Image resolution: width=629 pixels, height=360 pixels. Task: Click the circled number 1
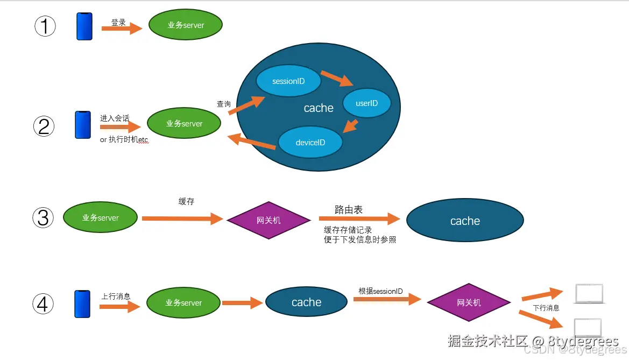click(45, 25)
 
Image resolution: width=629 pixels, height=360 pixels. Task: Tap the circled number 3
click(44, 218)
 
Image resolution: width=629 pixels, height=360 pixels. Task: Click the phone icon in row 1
click(84, 26)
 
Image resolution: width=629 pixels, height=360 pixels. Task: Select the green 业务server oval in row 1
click(186, 25)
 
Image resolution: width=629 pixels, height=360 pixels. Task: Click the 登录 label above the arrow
click(119, 23)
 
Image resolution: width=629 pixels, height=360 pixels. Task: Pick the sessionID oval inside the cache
click(288, 81)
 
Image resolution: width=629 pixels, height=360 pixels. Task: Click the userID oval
click(366, 103)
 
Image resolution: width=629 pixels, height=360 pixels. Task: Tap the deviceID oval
click(310, 143)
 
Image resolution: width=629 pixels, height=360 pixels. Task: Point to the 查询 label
click(224, 104)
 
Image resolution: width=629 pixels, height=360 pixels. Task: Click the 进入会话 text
click(115, 118)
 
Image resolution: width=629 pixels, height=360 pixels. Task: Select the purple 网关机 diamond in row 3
click(268, 221)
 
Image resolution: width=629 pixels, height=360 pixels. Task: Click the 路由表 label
click(348, 210)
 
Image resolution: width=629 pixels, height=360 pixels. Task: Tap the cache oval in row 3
click(465, 221)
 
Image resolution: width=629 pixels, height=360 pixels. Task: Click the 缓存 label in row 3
click(186, 201)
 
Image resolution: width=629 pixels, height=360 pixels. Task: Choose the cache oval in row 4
click(306, 302)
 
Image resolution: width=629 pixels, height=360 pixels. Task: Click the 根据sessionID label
click(380, 291)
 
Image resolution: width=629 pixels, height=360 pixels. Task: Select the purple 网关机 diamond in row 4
click(469, 302)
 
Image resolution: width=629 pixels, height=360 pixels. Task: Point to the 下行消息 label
click(546, 308)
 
